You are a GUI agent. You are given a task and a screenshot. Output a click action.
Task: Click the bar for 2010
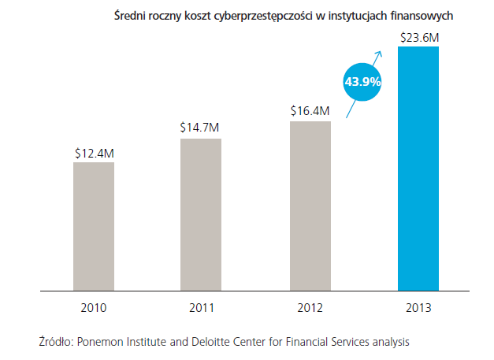(94, 226)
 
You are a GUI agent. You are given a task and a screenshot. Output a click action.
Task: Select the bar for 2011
(201, 214)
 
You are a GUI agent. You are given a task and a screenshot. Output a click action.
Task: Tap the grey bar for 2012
(310, 206)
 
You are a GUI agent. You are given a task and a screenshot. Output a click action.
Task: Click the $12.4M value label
(94, 153)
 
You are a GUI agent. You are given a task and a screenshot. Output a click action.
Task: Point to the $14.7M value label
(201, 128)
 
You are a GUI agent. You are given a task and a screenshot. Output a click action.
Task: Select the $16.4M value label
(310, 111)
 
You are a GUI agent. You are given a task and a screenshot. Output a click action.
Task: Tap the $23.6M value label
(418, 36)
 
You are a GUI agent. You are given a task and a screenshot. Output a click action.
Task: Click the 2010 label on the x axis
(94, 308)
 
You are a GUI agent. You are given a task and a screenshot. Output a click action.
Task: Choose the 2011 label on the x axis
(201, 308)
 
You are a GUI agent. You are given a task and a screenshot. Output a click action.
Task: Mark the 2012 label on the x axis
(310, 308)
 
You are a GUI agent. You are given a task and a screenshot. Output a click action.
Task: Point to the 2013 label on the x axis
(418, 308)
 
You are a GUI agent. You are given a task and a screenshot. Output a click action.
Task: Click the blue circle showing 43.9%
(362, 80)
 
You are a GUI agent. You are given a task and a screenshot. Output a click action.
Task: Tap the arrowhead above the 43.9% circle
(379, 54)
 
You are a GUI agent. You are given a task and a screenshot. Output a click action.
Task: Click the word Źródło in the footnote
(55, 342)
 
